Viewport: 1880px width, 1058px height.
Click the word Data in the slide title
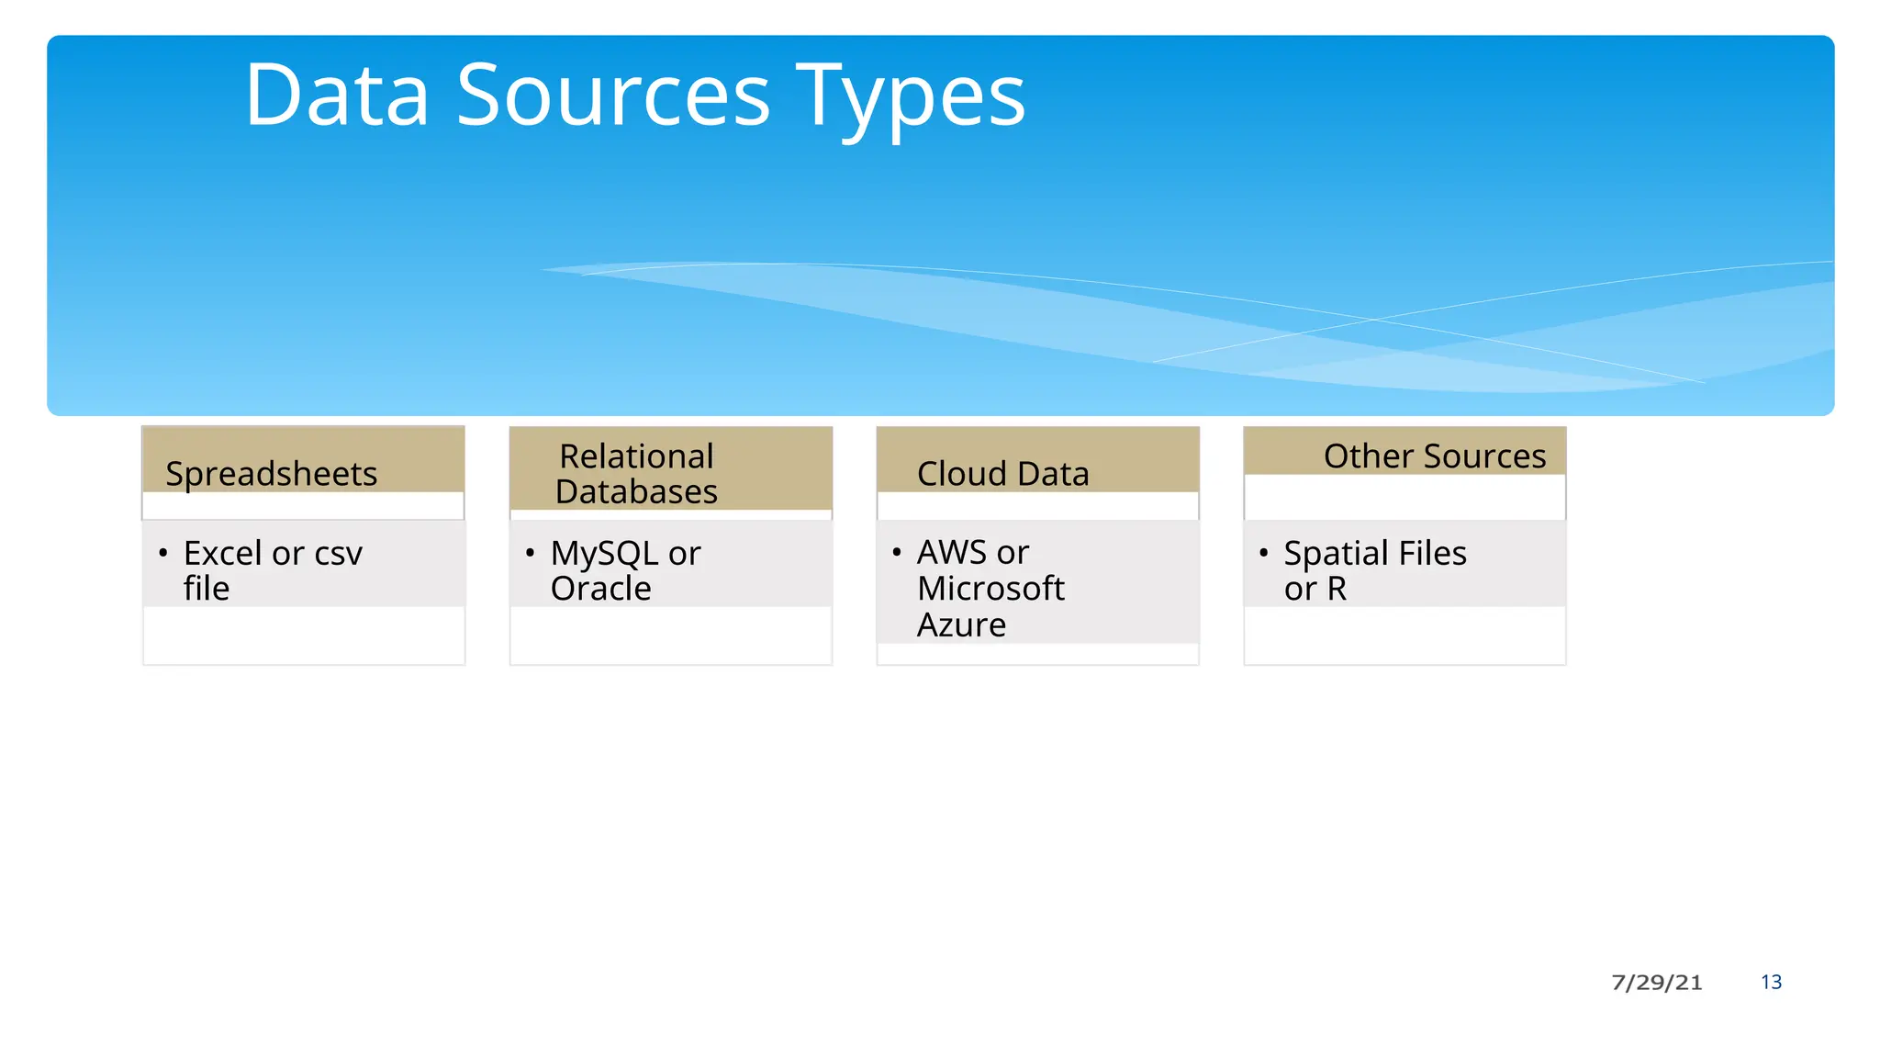click(x=337, y=96)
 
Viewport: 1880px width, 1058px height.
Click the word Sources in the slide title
click(x=613, y=96)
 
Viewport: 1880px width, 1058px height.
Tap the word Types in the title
click(x=911, y=96)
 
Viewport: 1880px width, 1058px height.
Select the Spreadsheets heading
click(x=271, y=474)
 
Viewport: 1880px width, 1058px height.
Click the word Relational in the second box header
click(x=636, y=456)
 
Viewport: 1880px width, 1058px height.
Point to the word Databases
click(x=636, y=492)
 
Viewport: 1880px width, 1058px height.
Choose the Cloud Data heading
click(x=1002, y=474)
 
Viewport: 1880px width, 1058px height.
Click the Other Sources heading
click(x=1434, y=456)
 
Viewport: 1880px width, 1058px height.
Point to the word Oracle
click(x=600, y=589)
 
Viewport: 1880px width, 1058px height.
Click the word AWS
click(x=952, y=552)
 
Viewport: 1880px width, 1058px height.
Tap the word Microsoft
click(x=990, y=588)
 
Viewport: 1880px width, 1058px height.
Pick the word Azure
click(x=961, y=625)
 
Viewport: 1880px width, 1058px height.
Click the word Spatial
click(x=1336, y=553)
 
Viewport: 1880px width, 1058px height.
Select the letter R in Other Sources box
click(x=1337, y=589)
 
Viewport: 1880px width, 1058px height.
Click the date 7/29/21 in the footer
click(x=1656, y=982)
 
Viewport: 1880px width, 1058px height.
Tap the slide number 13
click(x=1771, y=982)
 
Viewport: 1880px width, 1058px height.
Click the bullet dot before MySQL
click(x=530, y=552)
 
